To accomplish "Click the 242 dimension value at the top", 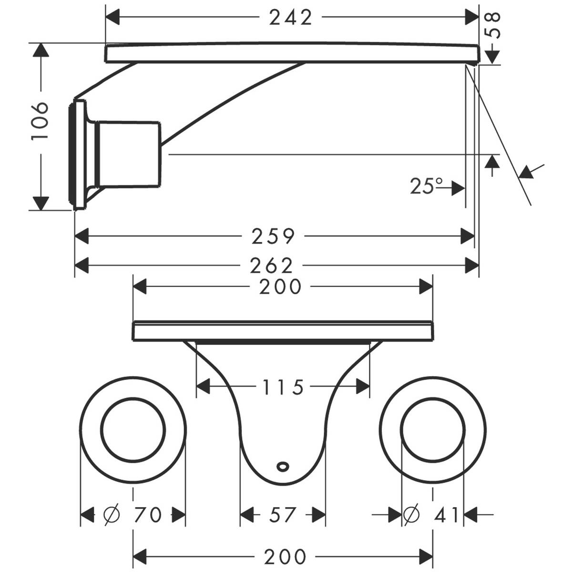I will click(291, 18).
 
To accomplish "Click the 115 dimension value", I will click(283, 388).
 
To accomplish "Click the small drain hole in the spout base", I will click(283, 464).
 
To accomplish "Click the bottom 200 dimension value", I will click(284, 556).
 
